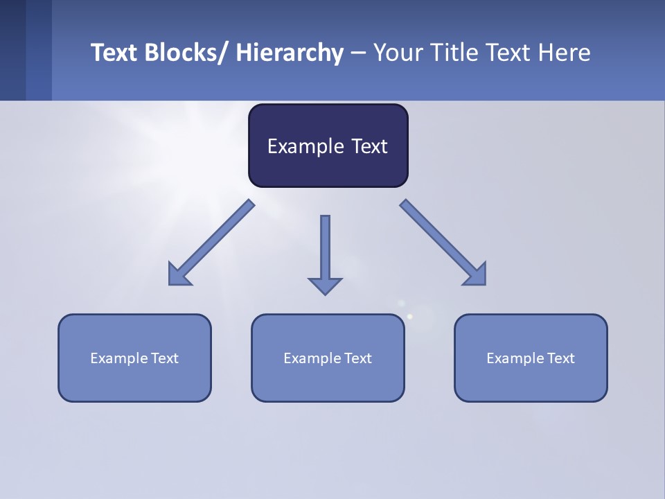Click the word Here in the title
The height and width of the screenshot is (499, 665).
(565, 53)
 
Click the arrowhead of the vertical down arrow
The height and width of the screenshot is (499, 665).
(325, 285)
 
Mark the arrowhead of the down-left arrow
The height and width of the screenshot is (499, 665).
(178, 276)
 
